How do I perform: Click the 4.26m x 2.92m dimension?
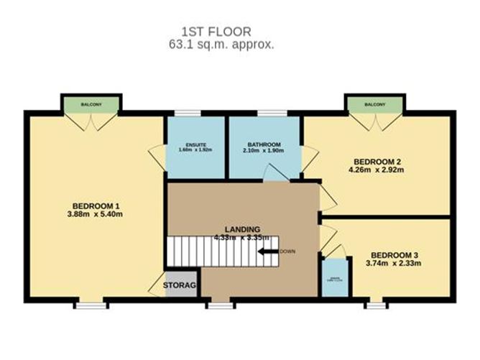tap(376, 170)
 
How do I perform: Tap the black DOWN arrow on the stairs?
tap(269, 251)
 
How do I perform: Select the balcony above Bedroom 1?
tap(91, 104)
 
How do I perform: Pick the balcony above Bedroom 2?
tap(375, 104)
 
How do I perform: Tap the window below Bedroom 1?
tap(91, 305)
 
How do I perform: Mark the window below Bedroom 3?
tap(375, 305)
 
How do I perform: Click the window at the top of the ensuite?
tap(188, 113)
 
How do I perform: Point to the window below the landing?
tap(220, 305)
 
